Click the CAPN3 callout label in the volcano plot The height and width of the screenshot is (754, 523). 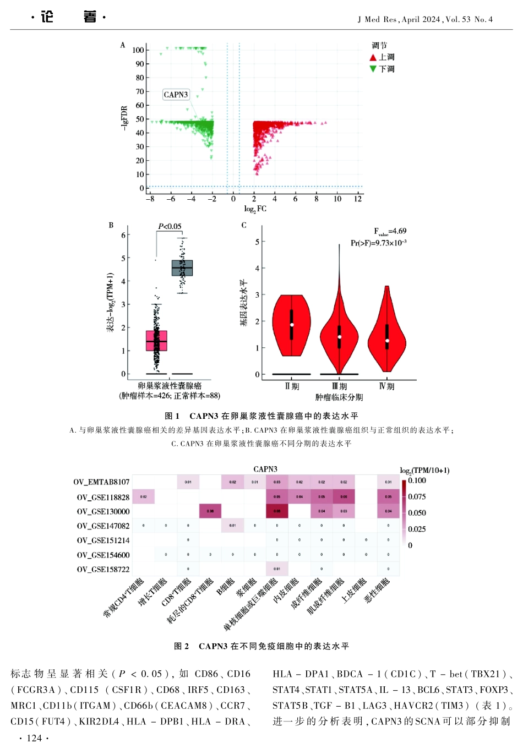click(176, 95)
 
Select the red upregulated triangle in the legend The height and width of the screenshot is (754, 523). click(373, 57)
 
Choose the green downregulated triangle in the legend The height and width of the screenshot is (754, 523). click(373, 69)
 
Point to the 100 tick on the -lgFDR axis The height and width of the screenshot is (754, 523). click(138, 50)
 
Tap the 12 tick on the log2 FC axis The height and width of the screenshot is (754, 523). click(358, 199)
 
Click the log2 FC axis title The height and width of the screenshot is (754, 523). click(255, 209)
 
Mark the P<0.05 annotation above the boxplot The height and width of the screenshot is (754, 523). click(170, 226)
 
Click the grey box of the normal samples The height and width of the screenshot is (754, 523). click(182, 268)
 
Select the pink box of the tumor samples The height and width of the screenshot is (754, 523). click(156, 341)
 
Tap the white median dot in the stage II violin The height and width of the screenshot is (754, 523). click(292, 325)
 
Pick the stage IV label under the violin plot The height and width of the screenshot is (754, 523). click(386, 386)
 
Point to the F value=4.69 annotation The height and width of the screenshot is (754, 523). click(390, 231)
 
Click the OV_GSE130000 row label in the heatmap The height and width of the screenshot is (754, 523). click(103, 512)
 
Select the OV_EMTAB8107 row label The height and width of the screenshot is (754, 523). click(101, 482)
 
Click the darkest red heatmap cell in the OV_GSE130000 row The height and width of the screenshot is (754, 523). click(276, 511)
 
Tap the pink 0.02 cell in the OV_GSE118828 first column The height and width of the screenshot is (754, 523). click(143, 496)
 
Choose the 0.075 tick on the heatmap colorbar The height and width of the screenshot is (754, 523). click(417, 496)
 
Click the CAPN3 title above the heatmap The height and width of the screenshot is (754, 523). click(265, 469)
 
